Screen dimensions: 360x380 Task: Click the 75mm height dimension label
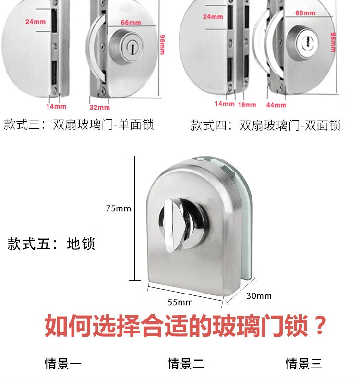click(119, 208)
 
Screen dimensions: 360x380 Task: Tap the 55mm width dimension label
click(180, 303)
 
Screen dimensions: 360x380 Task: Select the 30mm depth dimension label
click(259, 296)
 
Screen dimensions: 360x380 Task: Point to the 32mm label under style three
click(99, 107)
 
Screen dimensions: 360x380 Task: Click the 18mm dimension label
click(247, 104)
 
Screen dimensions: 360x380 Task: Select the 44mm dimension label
click(276, 105)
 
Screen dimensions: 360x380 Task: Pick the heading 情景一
click(63, 364)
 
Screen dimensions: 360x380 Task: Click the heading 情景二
click(186, 364)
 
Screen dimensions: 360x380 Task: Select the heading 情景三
click(304, 364)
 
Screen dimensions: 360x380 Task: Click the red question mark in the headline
click(320, 325)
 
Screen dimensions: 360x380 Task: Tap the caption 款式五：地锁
click(51, 243)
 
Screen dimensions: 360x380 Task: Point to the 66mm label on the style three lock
click(131, 23)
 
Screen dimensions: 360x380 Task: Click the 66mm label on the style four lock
click(305, 13)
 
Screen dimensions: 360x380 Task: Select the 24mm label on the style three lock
click(36, 22)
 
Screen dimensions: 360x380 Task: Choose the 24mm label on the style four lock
click(213, 17)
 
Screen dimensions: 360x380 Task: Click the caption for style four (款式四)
click(265, 125)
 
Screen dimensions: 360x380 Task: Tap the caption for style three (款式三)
click(79, 124)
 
